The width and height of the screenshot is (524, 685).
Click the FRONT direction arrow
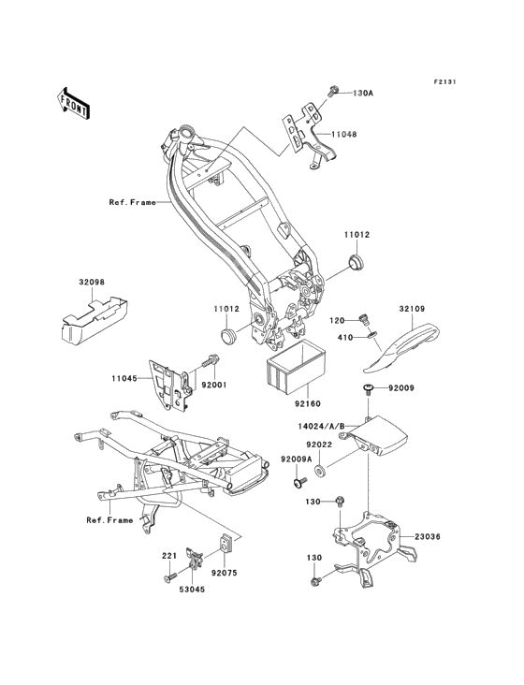click(x=74, y=102)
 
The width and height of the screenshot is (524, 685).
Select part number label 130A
click(x=362, y=94)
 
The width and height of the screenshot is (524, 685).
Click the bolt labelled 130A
click(x=333, y=91)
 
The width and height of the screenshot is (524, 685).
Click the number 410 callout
click(x=344, y=338)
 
